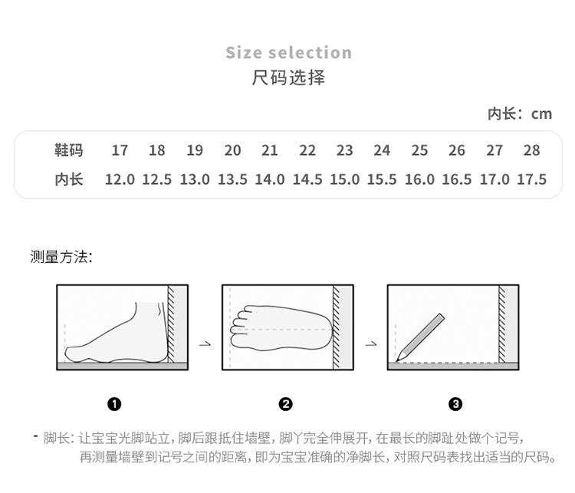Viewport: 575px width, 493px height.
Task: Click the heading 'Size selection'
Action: (288, 53)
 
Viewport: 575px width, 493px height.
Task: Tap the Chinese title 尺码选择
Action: (288, 77)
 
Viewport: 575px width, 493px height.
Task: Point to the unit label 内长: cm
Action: (519, 113)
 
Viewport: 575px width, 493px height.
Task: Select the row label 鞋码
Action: (68, 150)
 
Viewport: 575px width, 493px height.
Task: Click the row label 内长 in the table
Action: (68, 179)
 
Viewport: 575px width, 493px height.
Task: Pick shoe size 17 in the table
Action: (120, 150)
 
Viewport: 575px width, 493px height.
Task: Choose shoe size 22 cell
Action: (307, 150)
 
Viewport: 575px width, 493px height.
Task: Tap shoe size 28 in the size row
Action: (531, 150)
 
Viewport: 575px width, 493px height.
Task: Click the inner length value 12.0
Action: (120, 179)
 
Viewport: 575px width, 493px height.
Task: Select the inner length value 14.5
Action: (307, 179)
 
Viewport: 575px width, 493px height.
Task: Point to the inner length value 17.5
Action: (531, 179)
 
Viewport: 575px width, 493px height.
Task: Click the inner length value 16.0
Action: (419, 179)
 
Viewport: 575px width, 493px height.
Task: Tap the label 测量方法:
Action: (61, 257)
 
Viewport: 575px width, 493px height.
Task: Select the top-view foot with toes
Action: (280, 328)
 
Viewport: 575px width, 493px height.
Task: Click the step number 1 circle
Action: (115, 404)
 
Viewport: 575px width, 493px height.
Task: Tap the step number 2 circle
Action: (286, 404)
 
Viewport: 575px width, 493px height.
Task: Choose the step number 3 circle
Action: (455, 404)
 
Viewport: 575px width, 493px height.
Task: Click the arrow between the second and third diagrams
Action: (371, 343)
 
